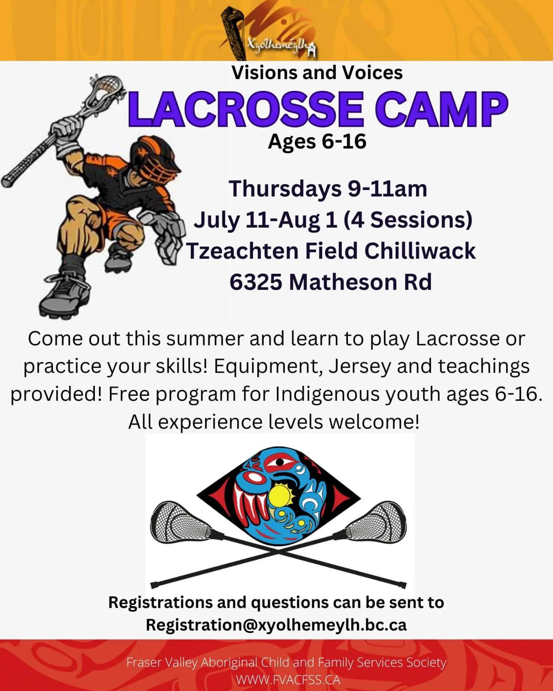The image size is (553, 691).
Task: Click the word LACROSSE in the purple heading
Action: [x=246, y=109]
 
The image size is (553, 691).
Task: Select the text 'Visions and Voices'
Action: [x=317, y=73]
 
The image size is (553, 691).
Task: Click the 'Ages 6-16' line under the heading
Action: [x=317, y=142]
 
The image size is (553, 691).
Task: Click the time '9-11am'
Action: [x=387, y=189]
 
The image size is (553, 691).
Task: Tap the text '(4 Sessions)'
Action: [x=408, y=220]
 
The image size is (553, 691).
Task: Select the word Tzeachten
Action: [x=242, y=251]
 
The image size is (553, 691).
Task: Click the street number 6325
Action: [x=256, y=282]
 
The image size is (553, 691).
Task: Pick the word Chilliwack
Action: [x=420, y=251]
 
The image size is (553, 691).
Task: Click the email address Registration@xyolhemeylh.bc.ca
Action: [x=276, y=625]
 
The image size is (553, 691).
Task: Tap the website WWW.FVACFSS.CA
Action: [x=288, y=680]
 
